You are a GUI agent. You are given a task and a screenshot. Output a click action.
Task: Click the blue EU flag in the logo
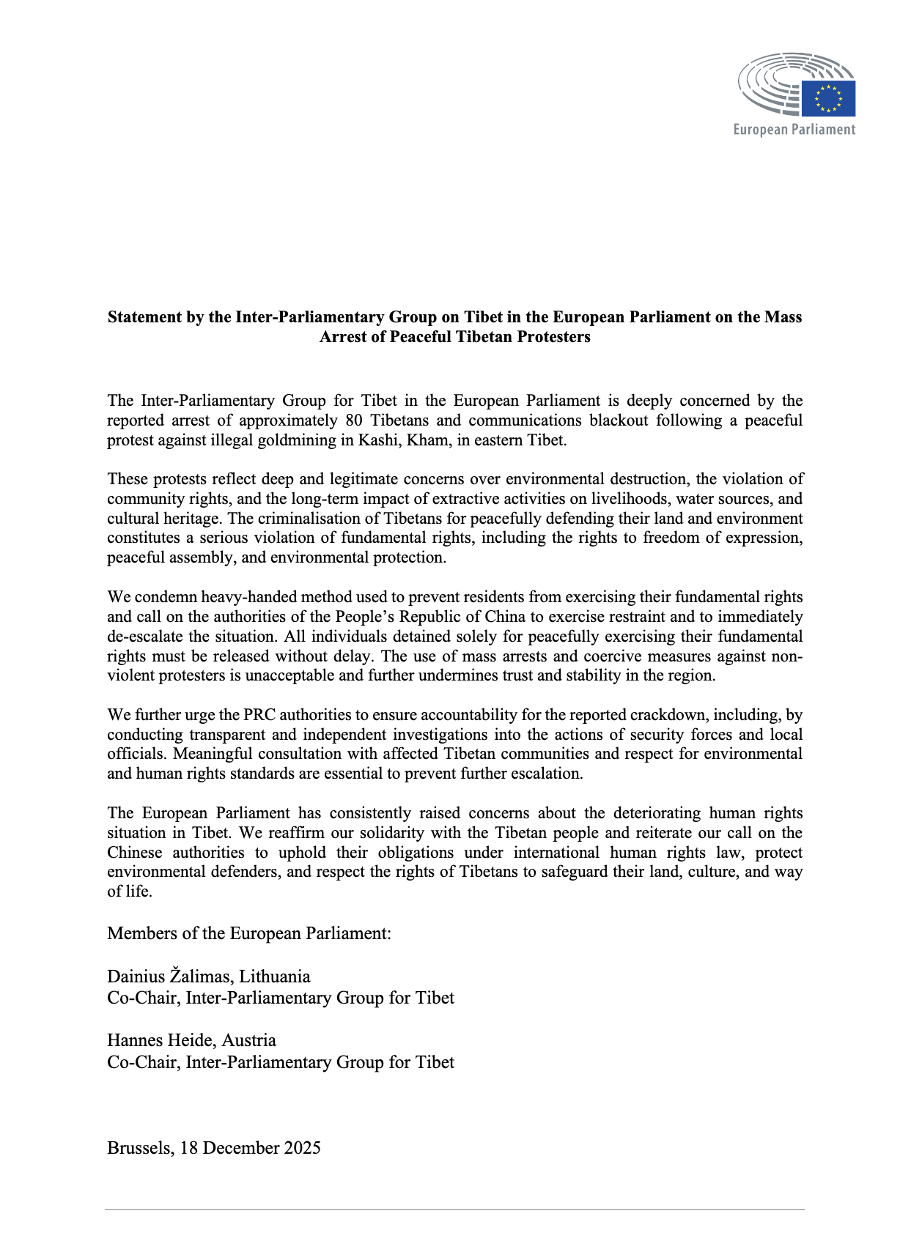point(828,99)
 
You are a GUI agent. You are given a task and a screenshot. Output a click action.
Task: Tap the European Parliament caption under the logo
point(794,130)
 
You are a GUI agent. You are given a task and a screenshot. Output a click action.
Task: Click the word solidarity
point(396,833)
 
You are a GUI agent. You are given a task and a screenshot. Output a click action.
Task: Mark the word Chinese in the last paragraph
point(135,853)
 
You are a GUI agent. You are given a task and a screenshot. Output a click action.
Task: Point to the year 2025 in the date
point(303,1148)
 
